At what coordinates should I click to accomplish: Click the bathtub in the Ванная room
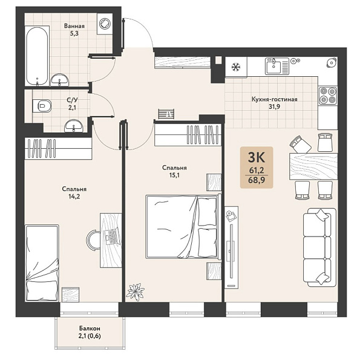[x=37, y=56]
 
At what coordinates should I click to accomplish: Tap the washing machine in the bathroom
[x=105, y=24]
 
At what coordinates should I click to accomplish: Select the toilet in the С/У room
[x=42, y=106]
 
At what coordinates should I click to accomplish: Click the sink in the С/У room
[x=74, y=126]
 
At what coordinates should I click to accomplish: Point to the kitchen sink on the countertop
[x=277, y=66]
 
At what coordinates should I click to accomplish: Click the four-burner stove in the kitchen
[x=328, y=96]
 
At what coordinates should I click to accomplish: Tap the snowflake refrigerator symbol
[x=236, y=67]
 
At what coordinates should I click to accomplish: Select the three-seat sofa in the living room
[x=319, y=247]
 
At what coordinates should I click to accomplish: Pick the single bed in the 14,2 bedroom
[x=42, y=263]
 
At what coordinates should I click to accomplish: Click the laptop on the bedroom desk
[x=113, y=237]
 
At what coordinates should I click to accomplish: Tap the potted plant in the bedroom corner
[x=135, y=292]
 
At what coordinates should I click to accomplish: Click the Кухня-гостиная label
[x=274, y=99]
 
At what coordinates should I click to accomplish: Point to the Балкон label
[x=90, y=329]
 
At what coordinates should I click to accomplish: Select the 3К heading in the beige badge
[x=257, y=158]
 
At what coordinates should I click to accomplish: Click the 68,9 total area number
[x=257, y=180]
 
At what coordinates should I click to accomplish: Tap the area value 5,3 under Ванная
[x=74, y=33]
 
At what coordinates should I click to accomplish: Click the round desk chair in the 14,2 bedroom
[x=93, y=240]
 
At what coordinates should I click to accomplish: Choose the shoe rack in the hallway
[x=166, y=114]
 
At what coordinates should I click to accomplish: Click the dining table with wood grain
[x=313, y=166]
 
